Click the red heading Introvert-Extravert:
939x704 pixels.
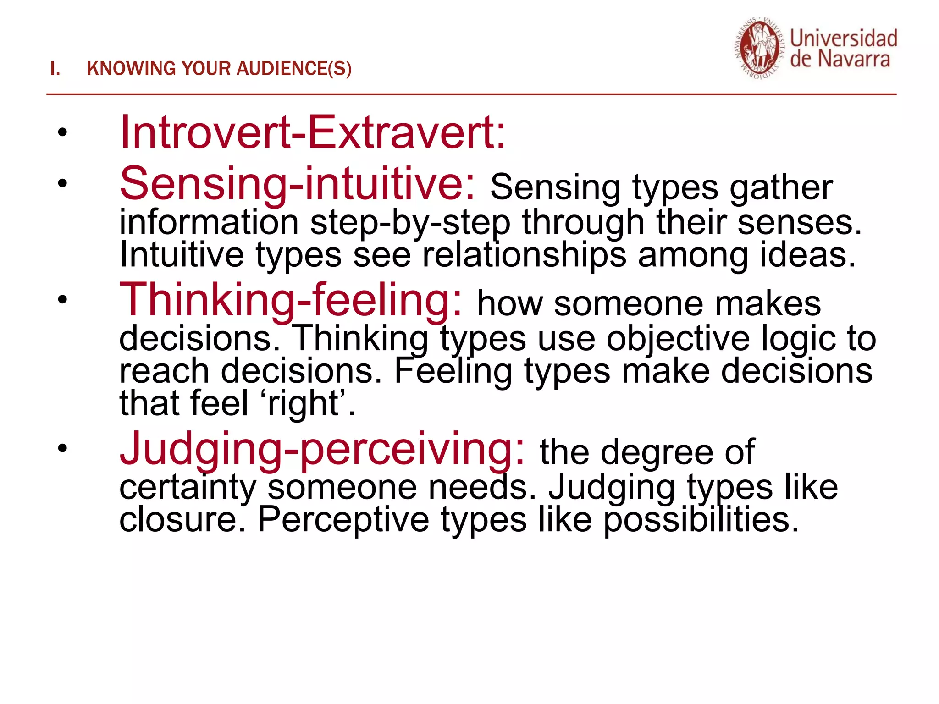coord(312,132)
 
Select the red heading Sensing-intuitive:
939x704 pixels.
coord(298,184)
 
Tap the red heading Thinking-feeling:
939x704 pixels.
coord(291,300)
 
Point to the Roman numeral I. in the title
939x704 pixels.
coord(55,69)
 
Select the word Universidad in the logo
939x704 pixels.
coord(844,38)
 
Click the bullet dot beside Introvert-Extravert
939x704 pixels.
coord(62,133)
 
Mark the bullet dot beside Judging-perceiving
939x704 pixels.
coord(62,448)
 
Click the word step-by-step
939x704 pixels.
coord(410,223)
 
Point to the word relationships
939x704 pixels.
coord(524,255)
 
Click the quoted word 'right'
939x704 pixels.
coord(304,403)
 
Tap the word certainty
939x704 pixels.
coord(188,487)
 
